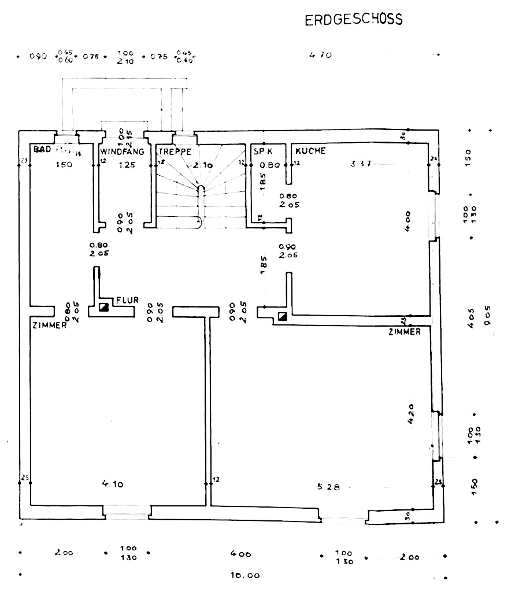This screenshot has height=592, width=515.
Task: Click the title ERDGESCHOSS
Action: point(354,20)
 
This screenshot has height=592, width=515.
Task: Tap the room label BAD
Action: point(43,150)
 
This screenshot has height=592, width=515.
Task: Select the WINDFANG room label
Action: point(123,151)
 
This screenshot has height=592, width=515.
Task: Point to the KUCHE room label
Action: point(311,151)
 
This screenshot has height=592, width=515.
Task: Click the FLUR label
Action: point(127,300)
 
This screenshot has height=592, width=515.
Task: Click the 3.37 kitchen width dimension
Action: point(361,164)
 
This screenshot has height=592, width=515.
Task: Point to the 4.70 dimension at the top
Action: point(320,55)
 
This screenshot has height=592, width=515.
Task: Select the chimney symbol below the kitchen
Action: point(283,316)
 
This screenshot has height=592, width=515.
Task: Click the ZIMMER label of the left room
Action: point(49,325)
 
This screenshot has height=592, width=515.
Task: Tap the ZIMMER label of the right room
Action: point(405,332)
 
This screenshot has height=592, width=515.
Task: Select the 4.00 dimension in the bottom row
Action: point(240,554)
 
